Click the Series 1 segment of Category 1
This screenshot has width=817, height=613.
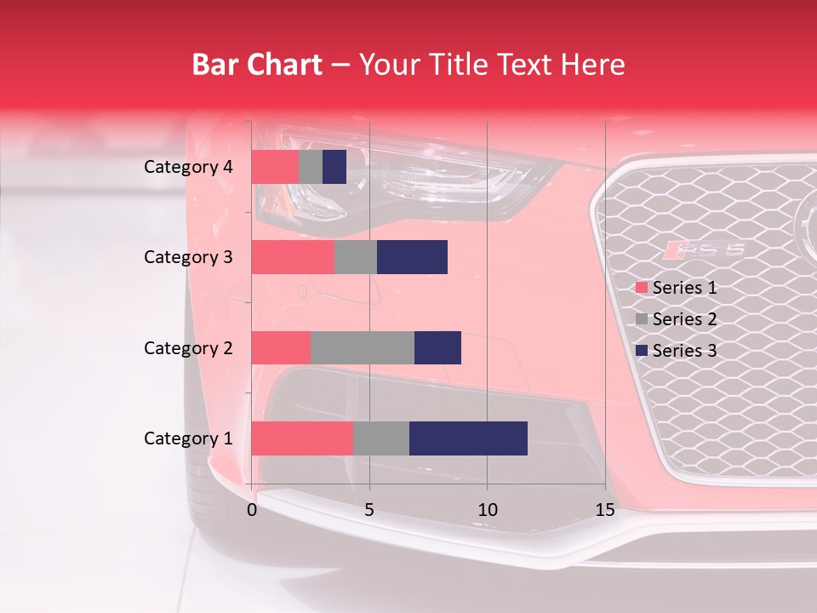tap(302, 438)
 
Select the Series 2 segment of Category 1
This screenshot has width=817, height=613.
tap(380, 438)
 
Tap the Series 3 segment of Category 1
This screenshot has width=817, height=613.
tap(468, 438)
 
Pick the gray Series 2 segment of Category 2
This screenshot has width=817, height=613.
tap(363, 347)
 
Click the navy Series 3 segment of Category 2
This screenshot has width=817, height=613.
tap(437, 347)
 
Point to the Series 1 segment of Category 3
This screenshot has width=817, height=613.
tap(293, 257)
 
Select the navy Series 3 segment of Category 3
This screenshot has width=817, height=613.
tap(412, 257)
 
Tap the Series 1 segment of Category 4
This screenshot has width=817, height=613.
tap(275, 167)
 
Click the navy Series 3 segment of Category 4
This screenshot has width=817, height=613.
tap(334, 167)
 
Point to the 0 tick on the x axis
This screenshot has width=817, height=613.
tap(252, 510)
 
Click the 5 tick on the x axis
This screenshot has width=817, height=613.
tap(369, 510)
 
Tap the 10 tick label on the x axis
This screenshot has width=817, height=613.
tap(487, 510)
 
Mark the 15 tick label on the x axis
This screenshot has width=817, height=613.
tap(604, 510)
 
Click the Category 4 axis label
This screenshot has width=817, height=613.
tap(188, 167)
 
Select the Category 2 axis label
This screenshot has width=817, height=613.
tap(188, 347)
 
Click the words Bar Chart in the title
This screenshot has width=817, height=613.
tap(256, 65)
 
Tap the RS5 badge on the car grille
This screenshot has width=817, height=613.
tap(706, 249)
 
